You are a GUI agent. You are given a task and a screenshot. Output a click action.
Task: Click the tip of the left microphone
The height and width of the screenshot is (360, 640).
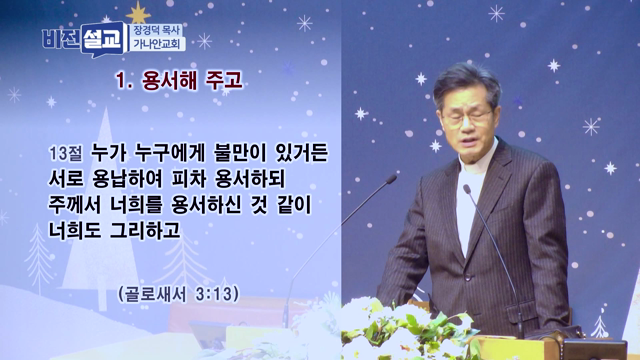392,181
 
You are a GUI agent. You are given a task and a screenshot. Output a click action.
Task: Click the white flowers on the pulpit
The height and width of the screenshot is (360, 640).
390,325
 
